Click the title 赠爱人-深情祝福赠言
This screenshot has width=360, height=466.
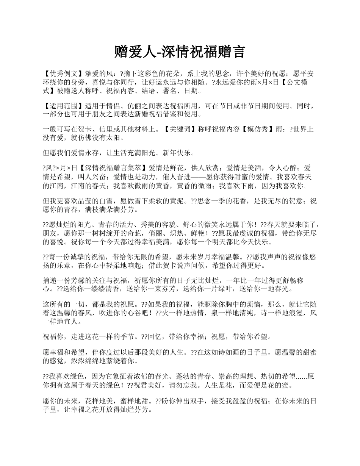click(x=180, y=52)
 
